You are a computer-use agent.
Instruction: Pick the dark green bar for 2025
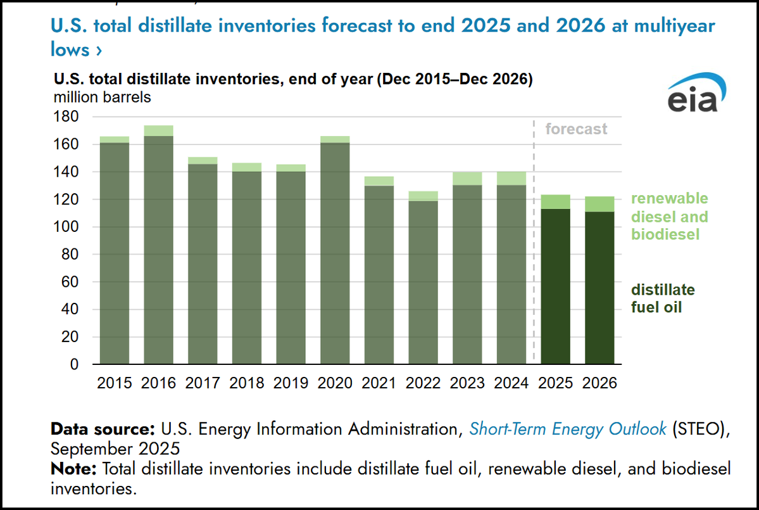click(x=556, y=285)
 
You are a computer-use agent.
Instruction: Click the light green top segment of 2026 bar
click(x=599, y=204)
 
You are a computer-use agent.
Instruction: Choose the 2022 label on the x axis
click(x=423, y=383)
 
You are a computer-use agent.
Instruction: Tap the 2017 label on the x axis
click(x=202, y=383)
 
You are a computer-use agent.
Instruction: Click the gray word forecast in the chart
click(x=575, y=129)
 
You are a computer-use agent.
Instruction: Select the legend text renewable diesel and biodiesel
click(x=669, y=217)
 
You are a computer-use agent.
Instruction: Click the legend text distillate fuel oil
click(x=662, y=299)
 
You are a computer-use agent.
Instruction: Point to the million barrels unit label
click(x=102, y=98)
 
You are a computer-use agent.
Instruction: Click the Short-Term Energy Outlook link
click(x=567, y=429)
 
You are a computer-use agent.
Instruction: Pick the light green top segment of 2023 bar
click(x=467, y=179)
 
